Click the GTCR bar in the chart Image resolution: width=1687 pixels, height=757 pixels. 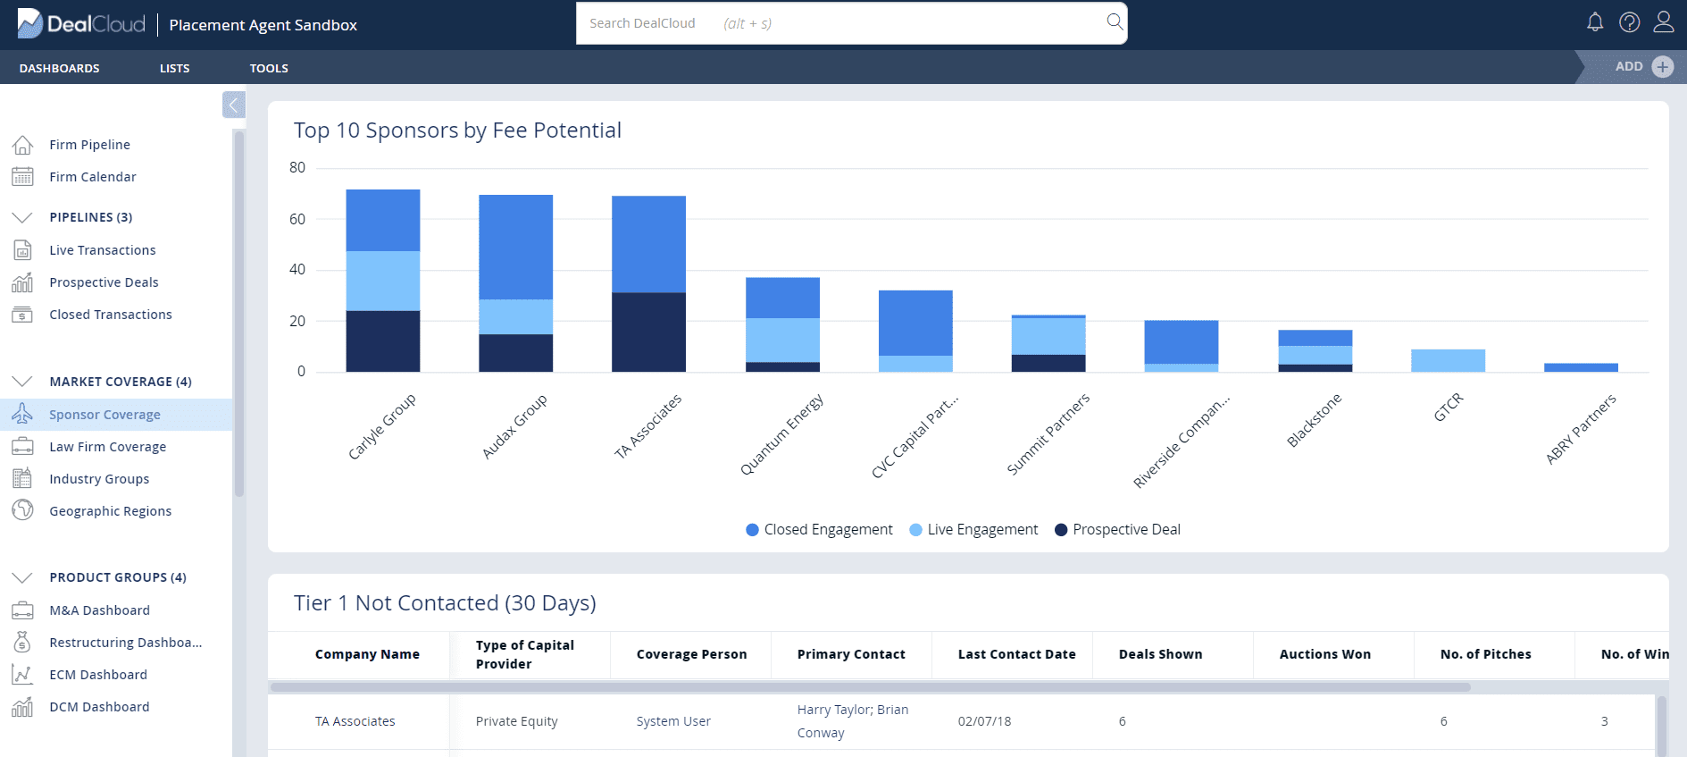(1448, 361)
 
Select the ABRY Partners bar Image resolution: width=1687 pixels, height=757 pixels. (1581, 367)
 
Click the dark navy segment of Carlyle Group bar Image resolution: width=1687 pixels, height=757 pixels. (383, 341)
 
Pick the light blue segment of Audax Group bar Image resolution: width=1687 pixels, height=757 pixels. (515, 317)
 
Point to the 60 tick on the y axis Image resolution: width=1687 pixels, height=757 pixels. (297, 219)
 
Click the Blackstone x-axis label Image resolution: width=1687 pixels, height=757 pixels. (1314, 420)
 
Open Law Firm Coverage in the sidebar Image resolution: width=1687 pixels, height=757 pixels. (107, 447)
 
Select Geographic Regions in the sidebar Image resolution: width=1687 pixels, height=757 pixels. (110, 511)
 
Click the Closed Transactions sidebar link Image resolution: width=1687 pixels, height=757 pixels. (110, 315)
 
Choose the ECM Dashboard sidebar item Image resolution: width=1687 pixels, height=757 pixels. (98, 675)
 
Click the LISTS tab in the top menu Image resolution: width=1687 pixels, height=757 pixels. (174, 68)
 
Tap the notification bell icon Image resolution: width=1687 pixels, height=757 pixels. (1595, 22)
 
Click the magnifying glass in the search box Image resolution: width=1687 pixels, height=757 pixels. (1115, 21)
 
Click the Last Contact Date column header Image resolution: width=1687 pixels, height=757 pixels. (1016, 654)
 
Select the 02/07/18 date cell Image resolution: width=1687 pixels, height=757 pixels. (984, 721)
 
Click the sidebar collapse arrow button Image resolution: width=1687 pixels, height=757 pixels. (233, 105)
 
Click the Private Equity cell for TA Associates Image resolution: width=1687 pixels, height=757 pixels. (516, 721)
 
